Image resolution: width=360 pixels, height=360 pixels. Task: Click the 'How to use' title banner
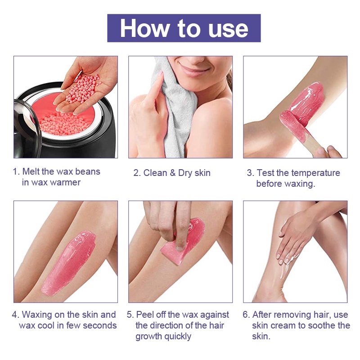point(184,28)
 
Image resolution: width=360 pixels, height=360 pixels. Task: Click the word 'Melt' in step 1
point(32,172)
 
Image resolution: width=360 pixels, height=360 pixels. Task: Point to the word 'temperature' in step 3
point(315,173)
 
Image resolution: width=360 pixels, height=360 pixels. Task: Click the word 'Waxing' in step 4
point(37,315)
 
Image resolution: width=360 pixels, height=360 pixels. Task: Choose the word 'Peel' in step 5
point(145,315)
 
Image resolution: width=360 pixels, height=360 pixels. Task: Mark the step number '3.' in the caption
point(250,173)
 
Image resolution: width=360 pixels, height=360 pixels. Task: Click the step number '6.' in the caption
point(246,315)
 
